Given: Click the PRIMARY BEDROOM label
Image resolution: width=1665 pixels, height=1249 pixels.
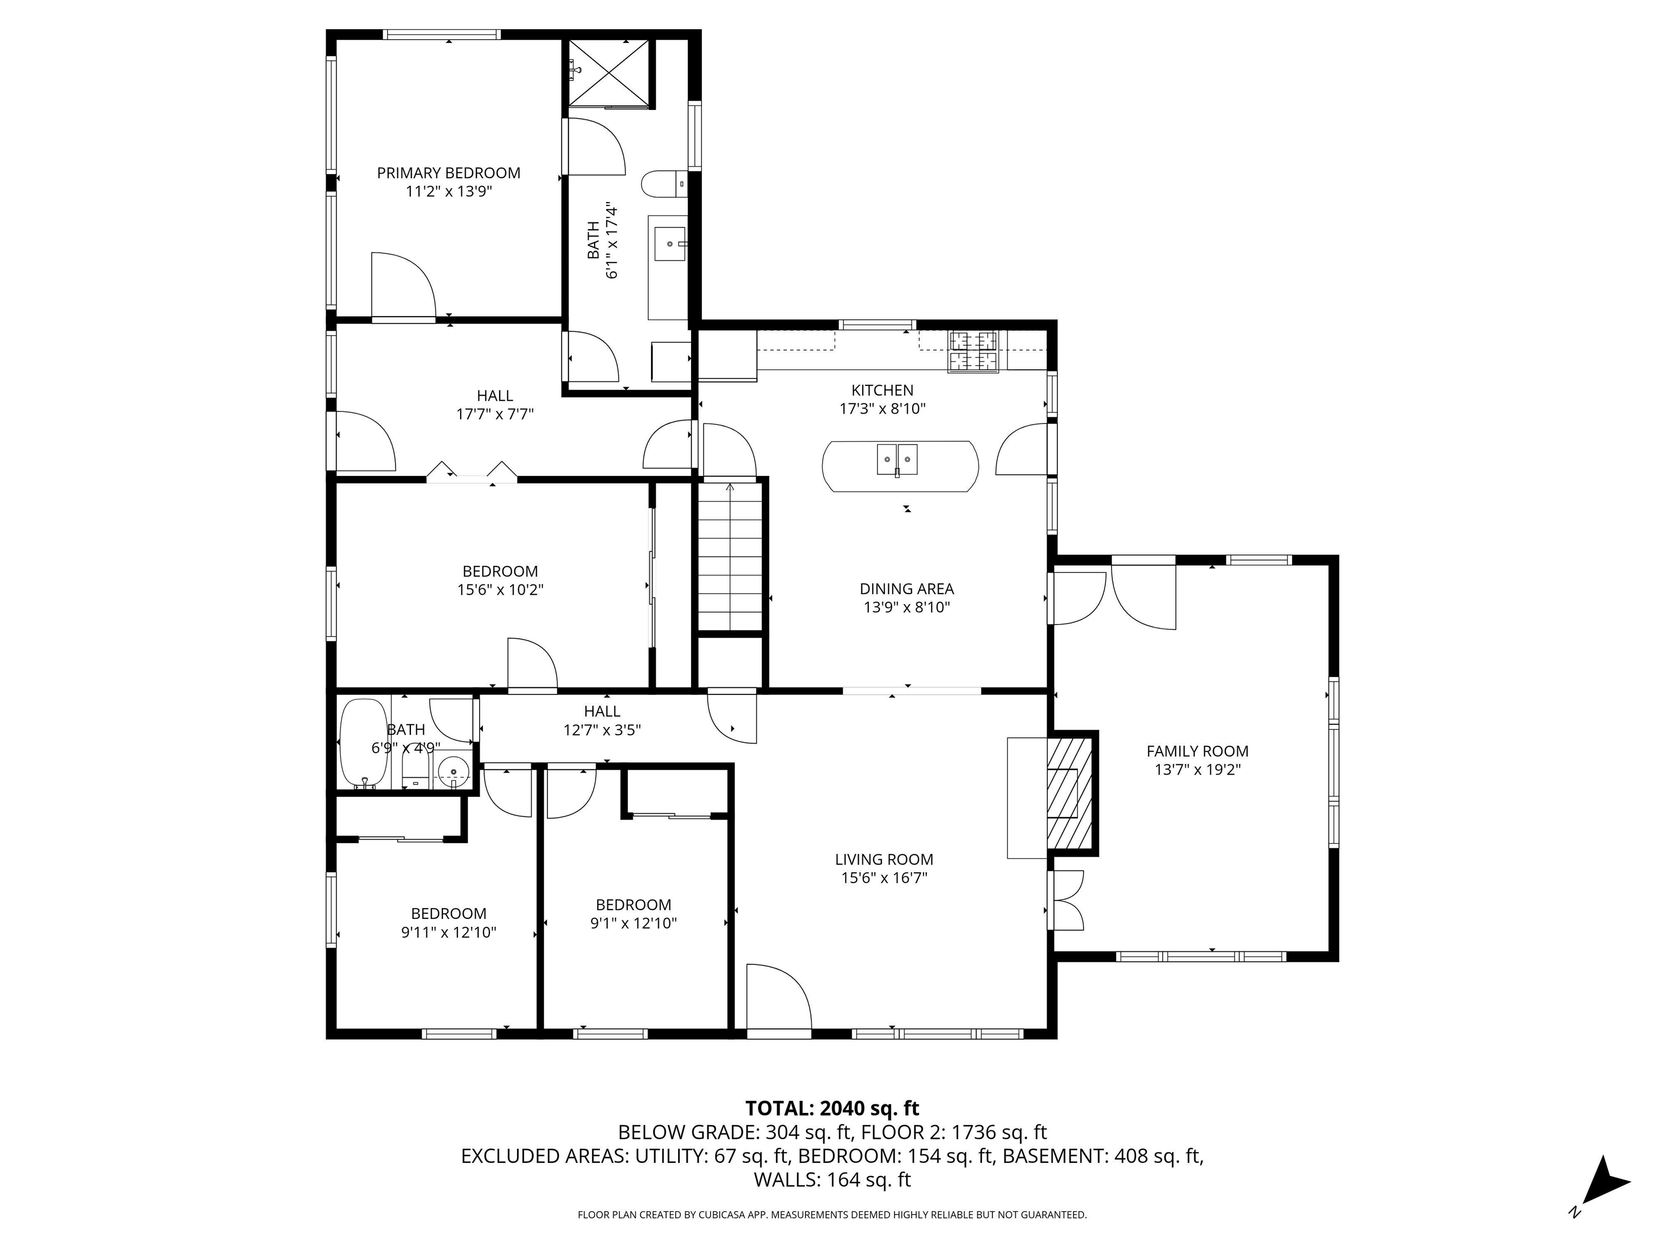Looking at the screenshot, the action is [449, 173].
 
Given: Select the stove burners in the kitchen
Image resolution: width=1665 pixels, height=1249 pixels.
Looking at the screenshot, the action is [973, 352].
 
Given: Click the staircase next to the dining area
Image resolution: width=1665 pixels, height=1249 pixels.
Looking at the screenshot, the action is [730, 558].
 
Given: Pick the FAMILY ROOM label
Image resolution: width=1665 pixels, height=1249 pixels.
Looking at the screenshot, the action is [1198, 751].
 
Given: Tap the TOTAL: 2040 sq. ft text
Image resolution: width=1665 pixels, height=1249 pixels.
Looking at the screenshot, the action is [832, 1108].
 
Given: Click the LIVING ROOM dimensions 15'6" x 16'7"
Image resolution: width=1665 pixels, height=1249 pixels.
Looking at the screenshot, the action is [885, 878].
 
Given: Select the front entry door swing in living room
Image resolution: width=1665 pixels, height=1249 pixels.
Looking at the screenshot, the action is [779, 996].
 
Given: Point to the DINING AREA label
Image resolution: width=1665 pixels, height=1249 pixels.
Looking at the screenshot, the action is [907, 589].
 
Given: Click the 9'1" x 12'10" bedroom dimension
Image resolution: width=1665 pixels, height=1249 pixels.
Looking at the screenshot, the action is [634, 923].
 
